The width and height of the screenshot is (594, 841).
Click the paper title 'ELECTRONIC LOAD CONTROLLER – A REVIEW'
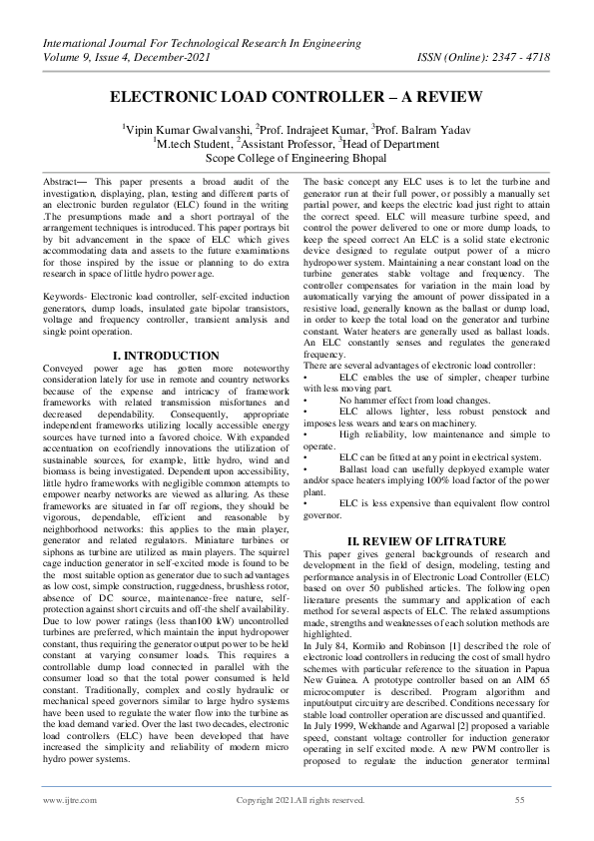(296, 97)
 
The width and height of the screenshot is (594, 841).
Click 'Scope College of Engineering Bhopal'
(296, 157)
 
